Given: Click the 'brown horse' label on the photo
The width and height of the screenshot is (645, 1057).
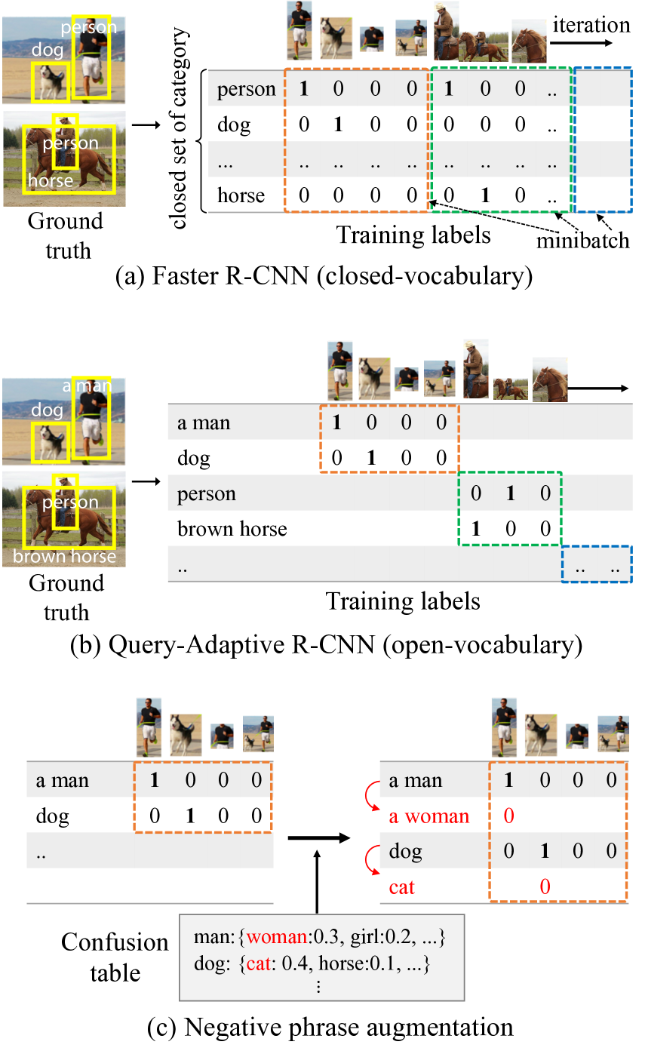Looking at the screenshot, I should (64, 557).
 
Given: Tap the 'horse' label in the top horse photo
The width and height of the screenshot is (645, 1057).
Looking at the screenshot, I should (50, 181).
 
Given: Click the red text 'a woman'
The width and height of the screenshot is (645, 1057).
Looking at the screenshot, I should (428, 816).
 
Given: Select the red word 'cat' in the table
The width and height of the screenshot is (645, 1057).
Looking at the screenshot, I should (402, 887).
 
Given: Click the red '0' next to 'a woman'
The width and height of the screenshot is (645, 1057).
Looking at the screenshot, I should (508, 816).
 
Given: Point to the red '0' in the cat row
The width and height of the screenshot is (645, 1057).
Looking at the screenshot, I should (545, 887).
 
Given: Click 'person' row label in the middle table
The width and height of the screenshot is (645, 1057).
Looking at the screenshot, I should (206, 494).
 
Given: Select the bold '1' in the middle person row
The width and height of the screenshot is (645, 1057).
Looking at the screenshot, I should (511, 494).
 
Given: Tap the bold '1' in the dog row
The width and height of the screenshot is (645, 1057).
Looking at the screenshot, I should (545, 852).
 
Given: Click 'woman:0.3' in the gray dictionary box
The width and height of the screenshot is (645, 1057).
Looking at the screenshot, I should (290, 938).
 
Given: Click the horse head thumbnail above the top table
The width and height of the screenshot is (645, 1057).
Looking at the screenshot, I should (529, 41).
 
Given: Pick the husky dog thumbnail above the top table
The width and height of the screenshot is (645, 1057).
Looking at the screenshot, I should (336, 38).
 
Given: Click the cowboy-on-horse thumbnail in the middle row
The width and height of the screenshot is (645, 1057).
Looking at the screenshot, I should (476, 369).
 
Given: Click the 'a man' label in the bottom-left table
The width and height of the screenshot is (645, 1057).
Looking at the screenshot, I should (62, 781).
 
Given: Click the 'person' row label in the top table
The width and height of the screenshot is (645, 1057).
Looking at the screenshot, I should (246, 90).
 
